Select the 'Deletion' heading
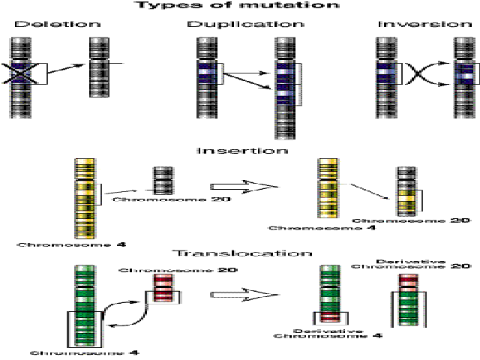(44, 24)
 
